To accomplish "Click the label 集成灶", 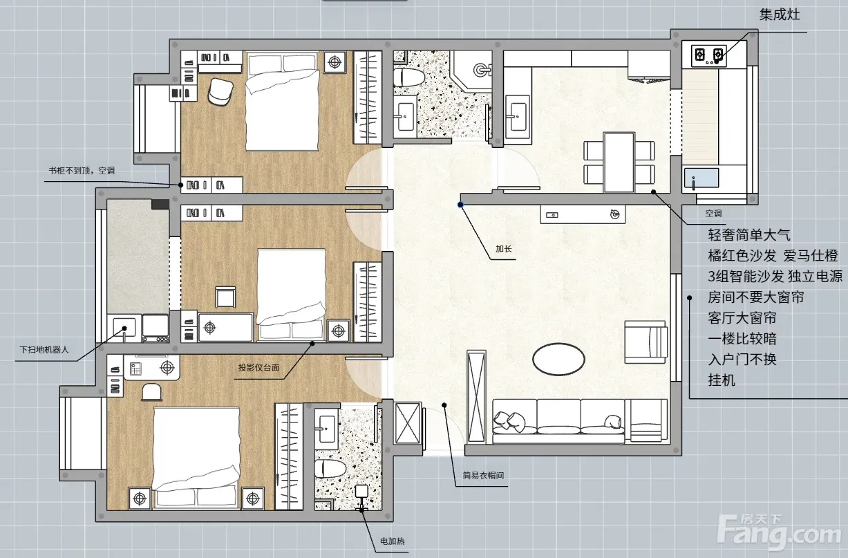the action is (x=780, y=15).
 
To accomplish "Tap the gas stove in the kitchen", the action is (x=708, y=56).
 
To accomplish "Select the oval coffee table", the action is (x=558, y=359).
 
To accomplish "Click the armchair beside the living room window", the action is (x=646, y=342).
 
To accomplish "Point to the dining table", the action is (x=619, y=162).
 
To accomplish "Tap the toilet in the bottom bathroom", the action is (x=330, y=469).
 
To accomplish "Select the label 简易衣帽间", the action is (x=483, y=476).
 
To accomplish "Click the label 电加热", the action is (x=392, y=541).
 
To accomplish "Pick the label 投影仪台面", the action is (x=258, y=367).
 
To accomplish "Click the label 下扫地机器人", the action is (x=44, y=350).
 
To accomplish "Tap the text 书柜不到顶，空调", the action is (x=82, y=171).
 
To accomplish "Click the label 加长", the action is (x=504, y=249).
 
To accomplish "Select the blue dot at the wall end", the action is (x=460, y=205).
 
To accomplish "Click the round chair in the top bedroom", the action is (x=220, y=91).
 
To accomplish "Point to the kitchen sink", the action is (x=701, y=178).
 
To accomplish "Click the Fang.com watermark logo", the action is (x=778, y=532).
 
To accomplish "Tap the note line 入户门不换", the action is (x=742, y=359).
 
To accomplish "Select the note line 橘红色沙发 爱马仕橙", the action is (x=773, y=256).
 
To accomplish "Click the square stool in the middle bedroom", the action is (x=225, y=297).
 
